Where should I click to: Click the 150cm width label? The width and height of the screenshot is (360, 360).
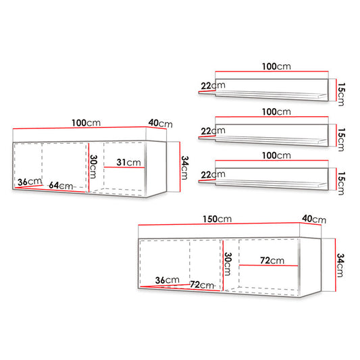coord(217,219)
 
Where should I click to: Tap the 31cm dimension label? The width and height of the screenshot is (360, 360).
coord(128,162)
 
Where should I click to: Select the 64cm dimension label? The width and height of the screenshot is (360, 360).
coord(61,185)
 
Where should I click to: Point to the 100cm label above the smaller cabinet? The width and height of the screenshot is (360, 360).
coord(86,123)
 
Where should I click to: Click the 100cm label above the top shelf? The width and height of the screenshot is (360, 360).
coord(276,66)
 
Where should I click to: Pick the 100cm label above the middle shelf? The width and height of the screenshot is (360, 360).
coord(276,112)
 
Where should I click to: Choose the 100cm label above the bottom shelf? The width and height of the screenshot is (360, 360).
coord(276,155)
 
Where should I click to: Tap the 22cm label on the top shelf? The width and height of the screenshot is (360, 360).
coord(213,86)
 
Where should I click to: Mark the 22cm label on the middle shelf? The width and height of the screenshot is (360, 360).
coord(213,131)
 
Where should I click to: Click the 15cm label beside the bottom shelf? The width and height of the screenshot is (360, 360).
coord(341,183)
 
